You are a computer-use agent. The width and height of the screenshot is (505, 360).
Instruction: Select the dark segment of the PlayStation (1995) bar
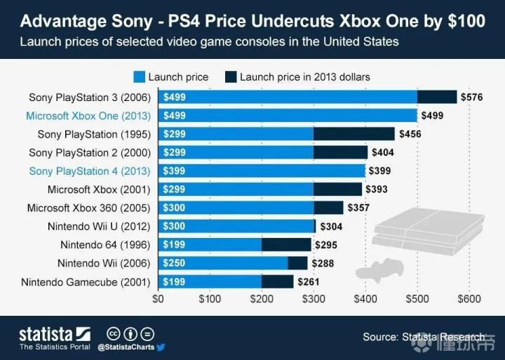pos(353,134)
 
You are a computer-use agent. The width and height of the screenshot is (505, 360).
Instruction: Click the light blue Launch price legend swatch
pos(139,76)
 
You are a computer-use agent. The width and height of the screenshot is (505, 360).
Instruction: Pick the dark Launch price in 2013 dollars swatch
pos(230,76)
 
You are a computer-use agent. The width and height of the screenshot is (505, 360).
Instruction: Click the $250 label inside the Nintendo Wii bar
pos(174,263)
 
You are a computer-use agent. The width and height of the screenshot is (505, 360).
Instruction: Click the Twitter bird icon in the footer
pos(160,347)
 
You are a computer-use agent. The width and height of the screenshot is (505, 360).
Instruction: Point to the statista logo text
pos(46,333)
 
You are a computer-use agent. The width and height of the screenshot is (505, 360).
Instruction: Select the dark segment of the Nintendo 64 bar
pos(286,245)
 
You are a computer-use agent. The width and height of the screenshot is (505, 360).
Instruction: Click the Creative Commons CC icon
pos(112,333)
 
